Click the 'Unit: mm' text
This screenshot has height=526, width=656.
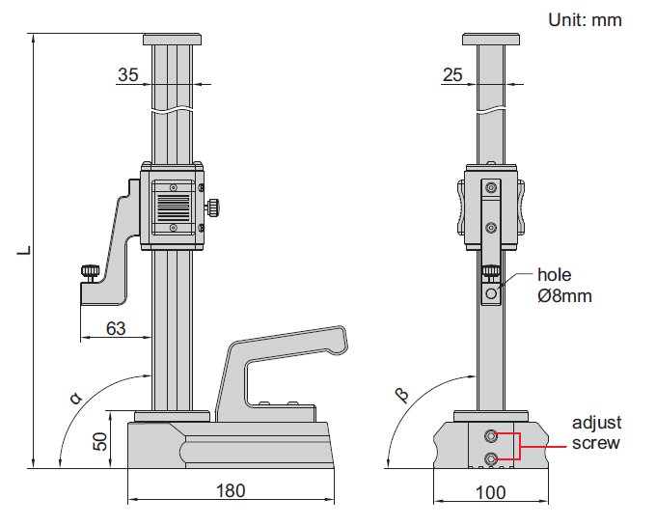586,18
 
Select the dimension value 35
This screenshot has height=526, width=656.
128,75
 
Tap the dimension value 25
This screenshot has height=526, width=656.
452,75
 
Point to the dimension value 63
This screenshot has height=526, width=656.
116,329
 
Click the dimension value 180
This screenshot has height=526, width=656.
230,490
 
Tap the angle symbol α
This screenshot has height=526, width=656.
74,396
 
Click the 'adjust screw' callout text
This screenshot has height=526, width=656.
595,433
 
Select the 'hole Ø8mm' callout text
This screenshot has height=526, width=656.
564,286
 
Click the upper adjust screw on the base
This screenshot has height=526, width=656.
492,435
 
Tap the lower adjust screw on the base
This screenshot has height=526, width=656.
492,457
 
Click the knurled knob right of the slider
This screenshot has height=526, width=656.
212,206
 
